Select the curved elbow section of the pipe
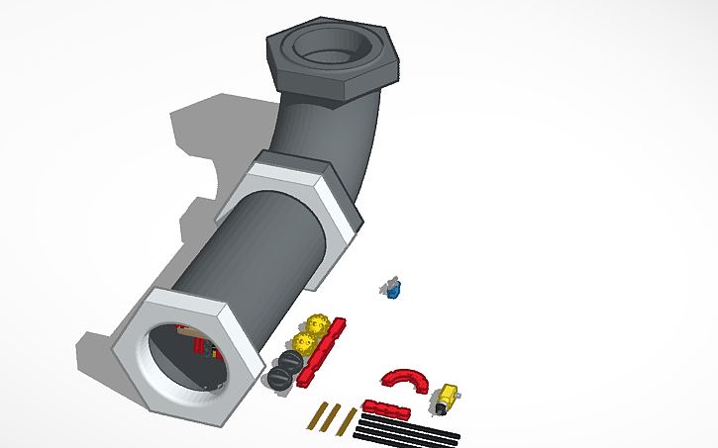click(x=327, y=134)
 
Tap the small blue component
click(x=393, y=289)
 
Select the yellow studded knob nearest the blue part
click(x=318, y=323)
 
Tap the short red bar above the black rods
click(x=385, y=409)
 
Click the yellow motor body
click(x=448, y=398)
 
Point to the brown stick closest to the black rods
click(x=347, y=421)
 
